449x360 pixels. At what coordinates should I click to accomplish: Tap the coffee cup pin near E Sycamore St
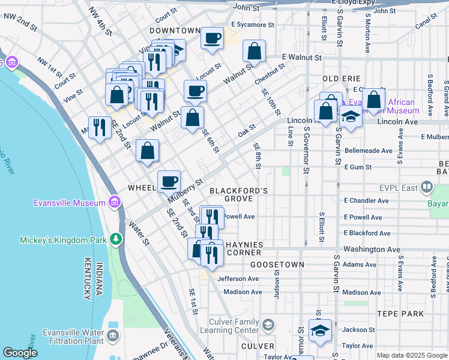click(212, 39)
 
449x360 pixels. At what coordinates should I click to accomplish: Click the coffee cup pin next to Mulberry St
click(169, 181)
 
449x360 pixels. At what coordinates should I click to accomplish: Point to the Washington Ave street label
click(372, 248)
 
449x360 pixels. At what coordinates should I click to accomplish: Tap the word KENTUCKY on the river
click(87, 276)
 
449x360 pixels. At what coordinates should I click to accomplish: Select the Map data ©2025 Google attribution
click(412, 355)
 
